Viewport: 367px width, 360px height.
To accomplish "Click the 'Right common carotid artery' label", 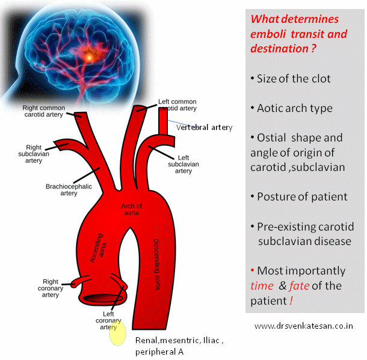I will pos(43,113).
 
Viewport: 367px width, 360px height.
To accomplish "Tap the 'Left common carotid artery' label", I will pos(177,105).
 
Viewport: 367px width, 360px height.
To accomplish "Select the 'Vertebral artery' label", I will pos(205,127).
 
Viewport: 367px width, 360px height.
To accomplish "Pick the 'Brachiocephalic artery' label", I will pos(69,190).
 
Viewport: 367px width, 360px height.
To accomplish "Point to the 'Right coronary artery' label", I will pos(51,288).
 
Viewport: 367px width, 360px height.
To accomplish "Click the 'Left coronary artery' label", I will pos(108,320).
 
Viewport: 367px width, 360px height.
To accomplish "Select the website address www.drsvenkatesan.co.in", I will pos(304,326).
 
